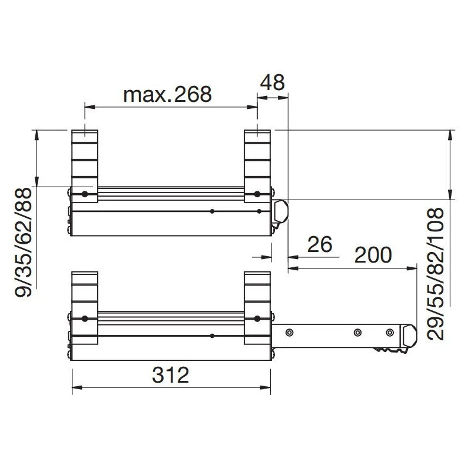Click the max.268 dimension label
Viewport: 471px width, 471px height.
(x=167, y=94)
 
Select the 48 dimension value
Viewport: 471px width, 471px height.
(x=272, y=82)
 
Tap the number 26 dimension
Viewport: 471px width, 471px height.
(x=320, y=244)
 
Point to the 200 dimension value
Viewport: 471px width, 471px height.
(x=373, y=255)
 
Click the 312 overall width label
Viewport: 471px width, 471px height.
(x=170, y=374)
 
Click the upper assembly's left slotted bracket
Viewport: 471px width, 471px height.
(x=85, y=159)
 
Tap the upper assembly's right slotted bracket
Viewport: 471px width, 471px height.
(x=257, y=159)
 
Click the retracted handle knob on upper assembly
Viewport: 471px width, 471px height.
(x=281, y=212)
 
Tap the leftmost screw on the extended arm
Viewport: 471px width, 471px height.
(x=289, y=333)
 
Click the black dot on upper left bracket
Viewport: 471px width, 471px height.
(x=85, y=194)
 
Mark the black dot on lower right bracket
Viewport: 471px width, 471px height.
(x=257, y=319)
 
